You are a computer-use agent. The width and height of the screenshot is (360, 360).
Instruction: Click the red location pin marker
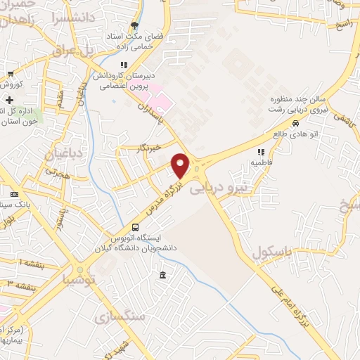click(x=181, y=165)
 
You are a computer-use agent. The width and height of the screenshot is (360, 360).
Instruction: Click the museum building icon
click(x=163, y=274)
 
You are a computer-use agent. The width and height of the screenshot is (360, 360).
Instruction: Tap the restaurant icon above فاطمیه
click(x=260, y=152)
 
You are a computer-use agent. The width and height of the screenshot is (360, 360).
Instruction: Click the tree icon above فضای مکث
click(x=134, y=26)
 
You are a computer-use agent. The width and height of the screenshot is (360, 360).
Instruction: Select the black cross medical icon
click(x=8, y=100)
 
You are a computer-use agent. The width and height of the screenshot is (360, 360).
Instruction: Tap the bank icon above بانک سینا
click(x=13, y=194)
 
